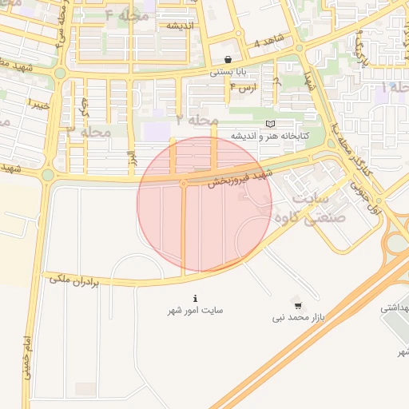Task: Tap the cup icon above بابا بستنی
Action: click(228, 59)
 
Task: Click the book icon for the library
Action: click(271, 124)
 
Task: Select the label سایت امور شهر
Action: click(196, 310)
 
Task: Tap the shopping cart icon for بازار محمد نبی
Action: click(298, 306)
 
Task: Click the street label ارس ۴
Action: click(243, 86)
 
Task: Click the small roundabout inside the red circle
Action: click(184, 184)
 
